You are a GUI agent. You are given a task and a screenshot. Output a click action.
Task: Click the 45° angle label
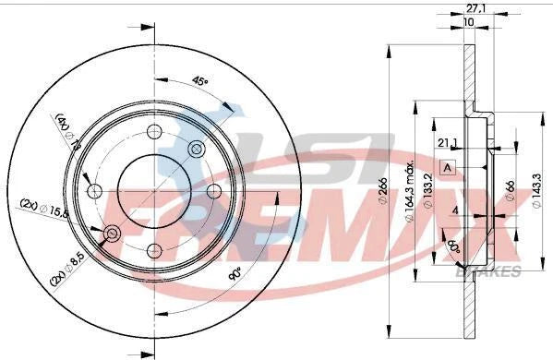click(x=198, y=81)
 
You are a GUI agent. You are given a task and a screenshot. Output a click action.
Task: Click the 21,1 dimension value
click(x=447, y=141)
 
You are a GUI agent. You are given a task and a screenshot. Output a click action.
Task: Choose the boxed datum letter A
click(x=447, y=168)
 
